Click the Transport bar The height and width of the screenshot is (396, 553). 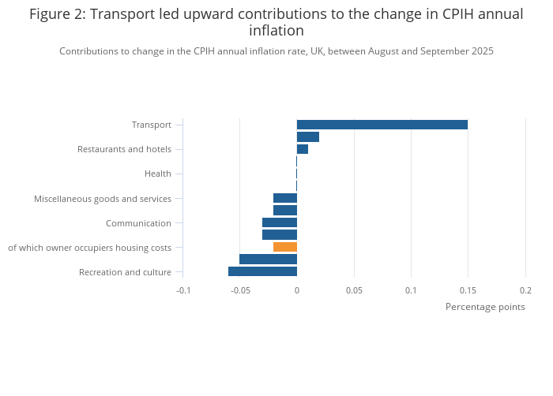pyautogui.click(x=382, y=125)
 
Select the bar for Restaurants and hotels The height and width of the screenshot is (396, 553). pyautogui.click(x=303, y=149)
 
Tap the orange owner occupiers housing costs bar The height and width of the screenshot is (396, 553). pyautogui.click(x=285, y=247)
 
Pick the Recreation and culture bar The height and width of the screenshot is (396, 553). pyautogui.click(x=262, y=271)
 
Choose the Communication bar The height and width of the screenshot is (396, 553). pyautogui.click(x=280, y=222)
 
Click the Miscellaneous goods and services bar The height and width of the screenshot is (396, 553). pyautogui.click(x=285, y=198)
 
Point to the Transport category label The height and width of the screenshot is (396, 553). pyautogui.click(x=151, y=125)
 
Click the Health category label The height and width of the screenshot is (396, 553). pyautogui.click(x=157, y=174)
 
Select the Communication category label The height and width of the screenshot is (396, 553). pyautogui.click(x=138, y=223)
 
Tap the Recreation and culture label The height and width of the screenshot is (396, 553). pyautogui.click(x=125, y=272)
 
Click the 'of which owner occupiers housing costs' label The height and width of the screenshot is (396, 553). pyautogui.click(x=89, y=248)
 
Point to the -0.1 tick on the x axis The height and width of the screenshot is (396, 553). pyautogui.click(x=182, y=290)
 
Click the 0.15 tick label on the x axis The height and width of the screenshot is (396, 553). pyautogui.click(x=468, y=290)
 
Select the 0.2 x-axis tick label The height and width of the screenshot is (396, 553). pyautogui.click(x=525, y=290)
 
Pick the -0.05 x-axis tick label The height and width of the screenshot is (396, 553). pyautogui.click(x=239, y=290)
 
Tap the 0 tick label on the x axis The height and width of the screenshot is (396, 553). pyautogui.click(x=297, y=290)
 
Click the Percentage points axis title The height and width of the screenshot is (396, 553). pyautogui.click(x=485, y=307)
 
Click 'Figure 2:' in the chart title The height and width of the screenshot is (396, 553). pyautogui.click(x=57, y=13)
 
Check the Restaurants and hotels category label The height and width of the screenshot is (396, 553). pyautogui.click(x=124, y=149)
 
